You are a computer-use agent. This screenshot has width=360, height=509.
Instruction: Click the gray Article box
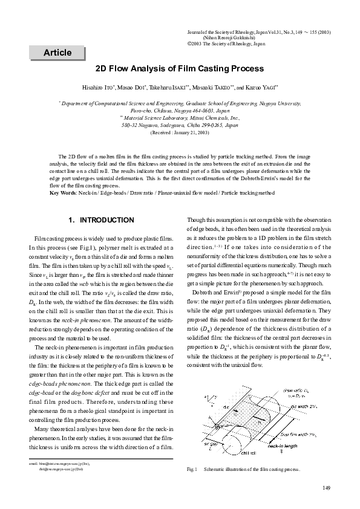[x=57, y=53]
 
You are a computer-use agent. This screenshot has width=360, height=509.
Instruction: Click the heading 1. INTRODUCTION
[x=102, y=220]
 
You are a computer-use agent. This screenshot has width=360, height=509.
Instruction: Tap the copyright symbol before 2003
[x=189, y=44]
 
